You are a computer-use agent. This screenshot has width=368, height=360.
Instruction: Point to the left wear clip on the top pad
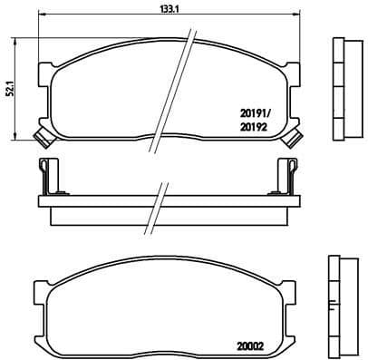[x=40, y=137]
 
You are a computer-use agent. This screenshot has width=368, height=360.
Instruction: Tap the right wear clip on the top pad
[x=292, y=137]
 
